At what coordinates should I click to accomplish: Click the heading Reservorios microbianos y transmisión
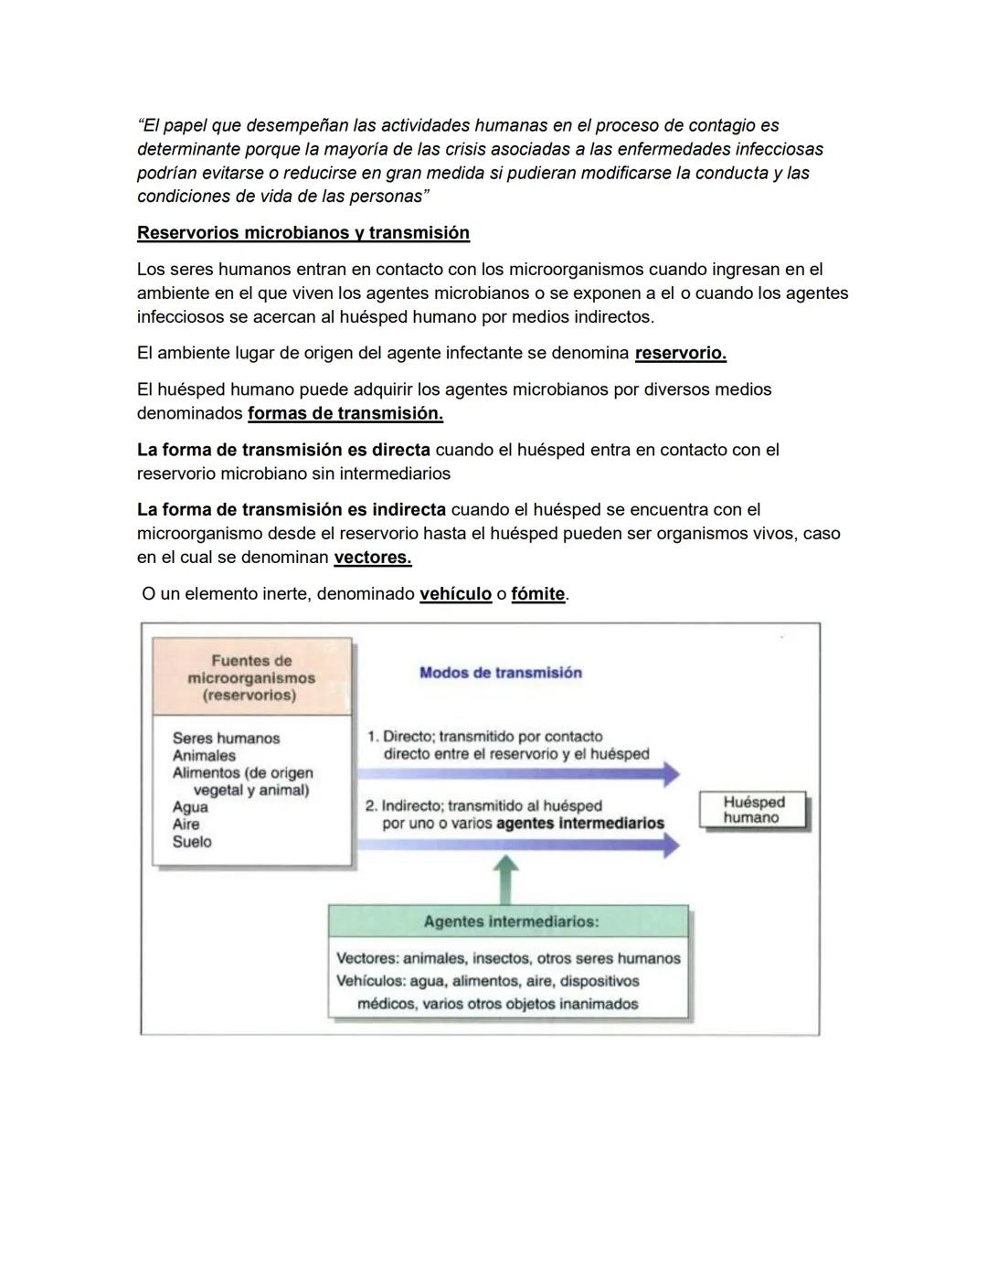tap(302, 233)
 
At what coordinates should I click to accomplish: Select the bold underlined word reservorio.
tap(680, 353)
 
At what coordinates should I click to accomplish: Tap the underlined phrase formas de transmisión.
tap(345, 413)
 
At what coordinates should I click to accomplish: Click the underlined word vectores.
tap(372, 558)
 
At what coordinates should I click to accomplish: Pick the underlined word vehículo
tap(455, 594)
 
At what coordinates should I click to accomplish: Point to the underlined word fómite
tap(537, 594)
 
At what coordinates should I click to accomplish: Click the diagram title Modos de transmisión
tap(500, 673)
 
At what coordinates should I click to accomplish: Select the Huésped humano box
tap(753, 810)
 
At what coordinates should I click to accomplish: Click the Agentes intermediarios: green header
tap(510, 921)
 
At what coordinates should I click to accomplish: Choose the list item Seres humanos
tap(226, 739)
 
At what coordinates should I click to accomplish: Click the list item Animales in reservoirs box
tap(204, 756)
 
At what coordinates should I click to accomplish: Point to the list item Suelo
tap(192, 842)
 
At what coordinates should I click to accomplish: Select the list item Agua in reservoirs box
tap(190, 807)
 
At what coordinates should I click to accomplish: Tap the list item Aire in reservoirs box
tap(186, 825)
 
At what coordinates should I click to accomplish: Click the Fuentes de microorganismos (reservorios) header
tap(251, 677)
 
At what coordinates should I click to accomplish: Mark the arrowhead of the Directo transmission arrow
tap(671, 774)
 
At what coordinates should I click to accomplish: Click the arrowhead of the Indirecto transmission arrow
tap(671, 846)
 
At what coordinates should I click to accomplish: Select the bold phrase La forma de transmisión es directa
tap(283, 450)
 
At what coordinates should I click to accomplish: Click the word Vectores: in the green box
tap(367, 959)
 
